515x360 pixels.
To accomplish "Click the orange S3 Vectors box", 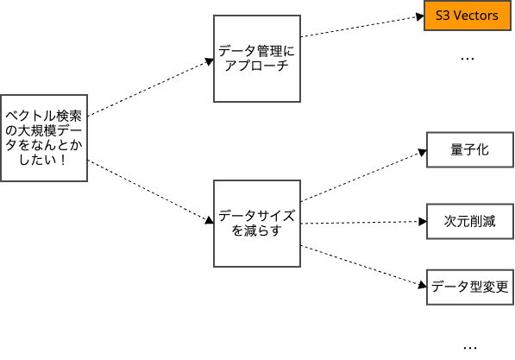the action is point(468,16).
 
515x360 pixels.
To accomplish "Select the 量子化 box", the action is point(470,150).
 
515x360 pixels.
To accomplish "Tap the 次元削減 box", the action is point(470,221).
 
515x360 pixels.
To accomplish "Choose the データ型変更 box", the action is point(470,287).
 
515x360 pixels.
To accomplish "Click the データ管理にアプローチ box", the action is point(257,59).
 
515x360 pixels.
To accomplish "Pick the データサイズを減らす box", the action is point(257,224).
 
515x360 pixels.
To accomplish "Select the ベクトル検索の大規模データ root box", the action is point(44,138).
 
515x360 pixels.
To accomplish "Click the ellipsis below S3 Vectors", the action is point(468,60).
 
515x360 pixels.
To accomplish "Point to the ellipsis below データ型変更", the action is point(470,348).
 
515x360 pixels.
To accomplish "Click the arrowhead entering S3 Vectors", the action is point(420,16).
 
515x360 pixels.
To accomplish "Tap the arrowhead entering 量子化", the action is point(423,152).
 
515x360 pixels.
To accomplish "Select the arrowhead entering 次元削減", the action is point(423,222).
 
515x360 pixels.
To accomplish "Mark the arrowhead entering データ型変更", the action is point(423,286).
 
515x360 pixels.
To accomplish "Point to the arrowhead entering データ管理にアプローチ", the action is point(210,61).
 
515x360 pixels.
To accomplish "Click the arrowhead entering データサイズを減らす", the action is point(210,221).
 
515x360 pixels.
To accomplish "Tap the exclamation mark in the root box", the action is point(63,160).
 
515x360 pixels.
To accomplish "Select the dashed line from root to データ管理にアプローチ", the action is point(148,89).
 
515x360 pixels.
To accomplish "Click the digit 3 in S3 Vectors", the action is point(446,16).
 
